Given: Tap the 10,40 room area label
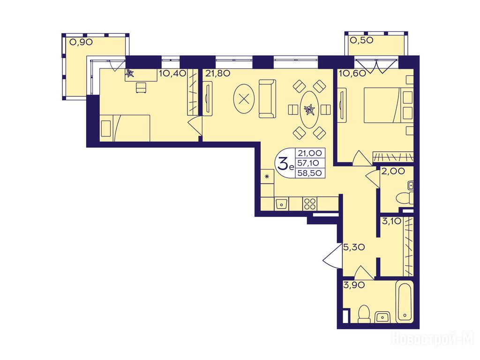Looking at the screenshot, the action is pos(172,74).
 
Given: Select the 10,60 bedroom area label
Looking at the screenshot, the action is pos(352,74).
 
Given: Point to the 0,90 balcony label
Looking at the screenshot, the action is pos(81,42).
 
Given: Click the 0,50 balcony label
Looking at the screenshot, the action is pos(362,40).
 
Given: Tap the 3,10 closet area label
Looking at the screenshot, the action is pos(391,221).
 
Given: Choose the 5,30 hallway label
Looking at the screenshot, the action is pos(354,247).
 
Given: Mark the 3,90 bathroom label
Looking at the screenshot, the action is pos(354,285).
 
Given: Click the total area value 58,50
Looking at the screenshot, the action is pos(309,173).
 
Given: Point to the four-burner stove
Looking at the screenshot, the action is pos(310,203).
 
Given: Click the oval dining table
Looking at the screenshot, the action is pos(309,110).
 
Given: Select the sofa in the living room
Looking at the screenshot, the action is pos(267,98).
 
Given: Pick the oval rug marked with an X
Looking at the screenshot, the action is pos(244,99).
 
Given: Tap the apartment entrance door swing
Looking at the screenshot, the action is pos(332,256).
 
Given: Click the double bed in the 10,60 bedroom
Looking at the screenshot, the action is pos(382,105).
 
